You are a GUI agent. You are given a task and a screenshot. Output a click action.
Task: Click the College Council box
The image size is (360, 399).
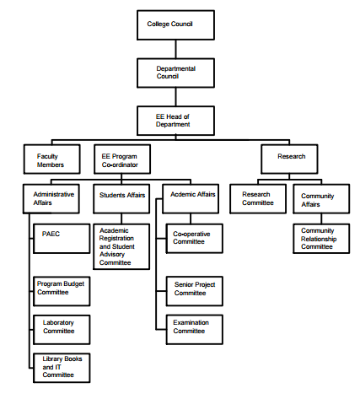coord(175,25)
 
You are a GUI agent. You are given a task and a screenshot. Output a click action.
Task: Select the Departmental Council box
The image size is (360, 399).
coord(175,73)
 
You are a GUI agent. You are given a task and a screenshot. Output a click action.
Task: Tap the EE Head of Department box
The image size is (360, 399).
coord(175,121)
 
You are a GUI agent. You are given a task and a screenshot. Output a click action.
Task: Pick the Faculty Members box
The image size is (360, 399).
coord(52,159)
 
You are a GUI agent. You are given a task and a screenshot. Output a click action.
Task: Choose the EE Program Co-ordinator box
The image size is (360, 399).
coord(122,159)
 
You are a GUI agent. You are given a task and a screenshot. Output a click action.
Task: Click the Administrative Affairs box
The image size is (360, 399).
coord(51,199)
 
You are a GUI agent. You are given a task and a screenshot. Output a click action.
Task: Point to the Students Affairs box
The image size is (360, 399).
coord(121,199)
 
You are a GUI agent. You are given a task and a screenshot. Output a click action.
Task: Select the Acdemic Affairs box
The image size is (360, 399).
coord(191,199)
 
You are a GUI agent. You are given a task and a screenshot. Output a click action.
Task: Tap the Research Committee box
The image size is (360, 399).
coord(258,199)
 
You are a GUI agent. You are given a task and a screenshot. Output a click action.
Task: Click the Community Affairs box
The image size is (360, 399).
coord(321,199)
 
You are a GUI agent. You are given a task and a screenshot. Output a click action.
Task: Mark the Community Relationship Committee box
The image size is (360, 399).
coord(321,239)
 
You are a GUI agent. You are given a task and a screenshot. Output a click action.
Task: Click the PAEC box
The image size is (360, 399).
coord(62,239)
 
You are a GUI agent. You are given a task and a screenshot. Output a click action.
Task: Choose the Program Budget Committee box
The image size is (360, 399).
coord(62,291)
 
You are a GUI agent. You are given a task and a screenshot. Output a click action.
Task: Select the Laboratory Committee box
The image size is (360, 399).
coord(62,330)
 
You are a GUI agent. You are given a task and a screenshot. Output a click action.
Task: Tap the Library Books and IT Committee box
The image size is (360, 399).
coord(62,368)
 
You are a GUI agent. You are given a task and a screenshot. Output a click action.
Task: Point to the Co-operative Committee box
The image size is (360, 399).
coord(195,239)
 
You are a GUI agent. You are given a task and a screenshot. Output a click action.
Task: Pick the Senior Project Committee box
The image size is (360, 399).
coord(195,291)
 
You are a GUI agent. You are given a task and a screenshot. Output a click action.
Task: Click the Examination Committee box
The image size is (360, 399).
coord(195,330)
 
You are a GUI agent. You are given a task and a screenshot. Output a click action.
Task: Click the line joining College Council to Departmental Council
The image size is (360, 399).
coord(176,49)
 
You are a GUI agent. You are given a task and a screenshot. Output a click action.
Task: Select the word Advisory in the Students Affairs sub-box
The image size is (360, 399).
coord(112,255)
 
